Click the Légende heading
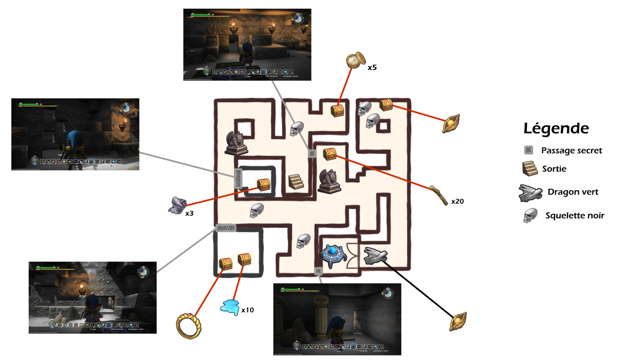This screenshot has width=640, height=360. click(x=556, y=128)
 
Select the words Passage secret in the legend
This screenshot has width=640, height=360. click(x=571, y=150)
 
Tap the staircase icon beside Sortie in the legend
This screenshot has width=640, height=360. click(x=530, y=169)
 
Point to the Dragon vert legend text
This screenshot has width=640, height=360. click(x=573, y=192)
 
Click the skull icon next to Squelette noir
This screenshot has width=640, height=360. click(x=530, y=216)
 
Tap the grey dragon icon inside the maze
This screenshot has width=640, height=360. click(x=375, y=256)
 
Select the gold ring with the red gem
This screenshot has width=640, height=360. click(x=189, y=326)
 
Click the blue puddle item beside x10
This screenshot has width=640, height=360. click(x=230, y=307)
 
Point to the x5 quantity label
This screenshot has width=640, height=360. click(x=372, y=68)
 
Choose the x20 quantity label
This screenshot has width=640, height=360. click(x=457, y=201)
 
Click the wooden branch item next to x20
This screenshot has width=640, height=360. click(x=439, y=194)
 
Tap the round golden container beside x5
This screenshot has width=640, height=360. click(x=355, y=60)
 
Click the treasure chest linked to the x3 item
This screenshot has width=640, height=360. click(x=264, y=185)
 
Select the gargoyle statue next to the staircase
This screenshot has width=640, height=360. click(x=329, y=181)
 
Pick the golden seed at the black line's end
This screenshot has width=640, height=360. click(x=458, y=321)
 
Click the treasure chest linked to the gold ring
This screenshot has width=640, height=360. click(x=226, y=264)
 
